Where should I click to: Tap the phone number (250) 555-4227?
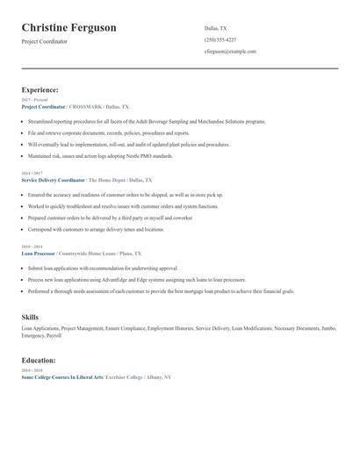tap(220, 39)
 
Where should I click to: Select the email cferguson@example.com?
tap(230, 52)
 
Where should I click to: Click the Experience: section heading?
tap(40, 89)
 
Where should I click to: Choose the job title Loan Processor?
tap(40, 253)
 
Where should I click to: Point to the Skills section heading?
tap(30, 316)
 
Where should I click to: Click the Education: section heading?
tap(39, 360)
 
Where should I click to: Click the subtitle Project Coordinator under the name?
tap(46, 42)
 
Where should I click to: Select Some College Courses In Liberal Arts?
tap(61, 376)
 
